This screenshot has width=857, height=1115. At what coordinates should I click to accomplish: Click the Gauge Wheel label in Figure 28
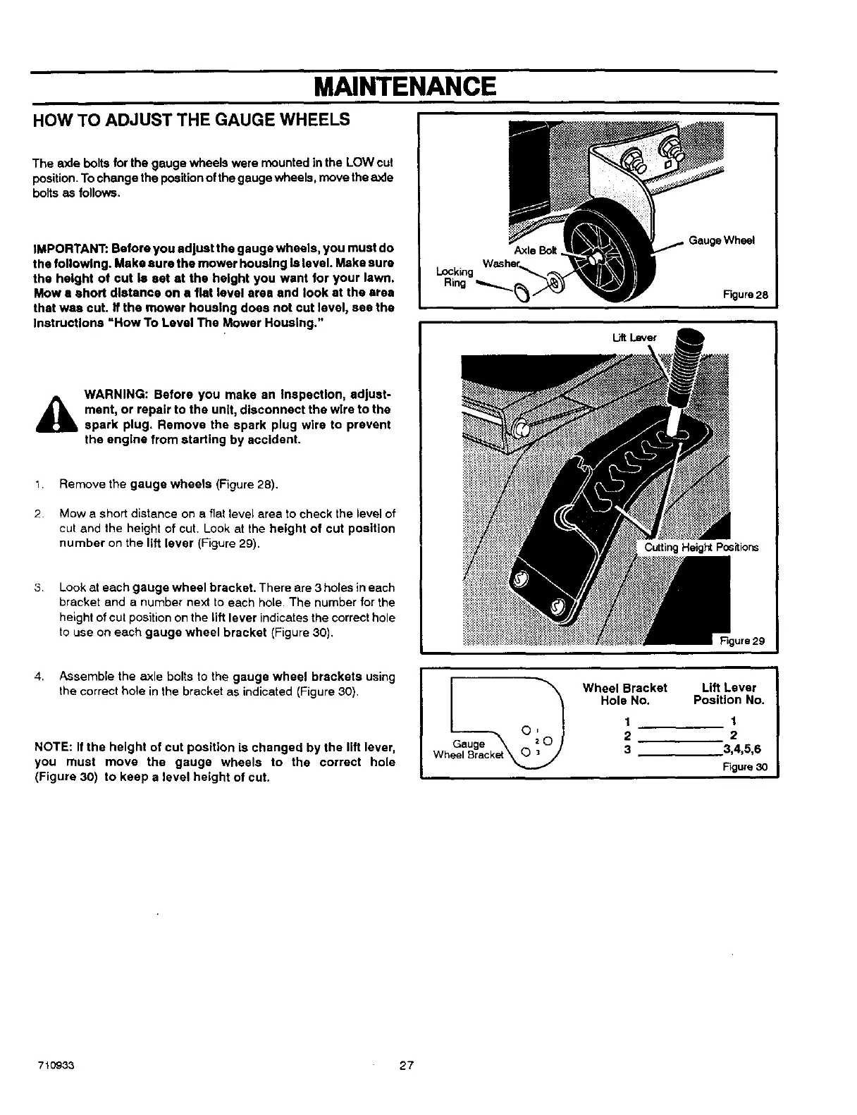click(721, 240)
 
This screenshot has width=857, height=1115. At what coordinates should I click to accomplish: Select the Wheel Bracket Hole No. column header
click(624, 694)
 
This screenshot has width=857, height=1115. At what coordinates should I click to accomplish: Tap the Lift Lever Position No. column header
click(729, 694)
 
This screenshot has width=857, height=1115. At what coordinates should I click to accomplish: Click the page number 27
click(406, 1065)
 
